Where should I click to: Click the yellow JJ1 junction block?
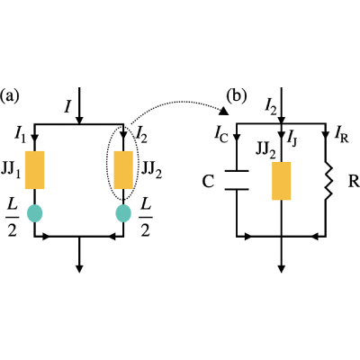pos(34,170)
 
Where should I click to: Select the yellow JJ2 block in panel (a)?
pos(123,170)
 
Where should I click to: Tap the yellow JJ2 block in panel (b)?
pos(281,181)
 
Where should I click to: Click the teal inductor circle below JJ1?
pos(34,213)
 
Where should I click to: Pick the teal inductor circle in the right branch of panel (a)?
pos(123,213)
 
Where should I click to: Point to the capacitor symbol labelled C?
pos(237,180)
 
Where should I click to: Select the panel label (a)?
pos(9,95)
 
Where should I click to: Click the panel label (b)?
pos(237,95)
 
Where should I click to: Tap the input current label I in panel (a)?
pos(68,106)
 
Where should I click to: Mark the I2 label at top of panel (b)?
pos(271,107)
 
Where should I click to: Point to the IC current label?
pos(221,134)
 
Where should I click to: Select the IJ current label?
pos(292,138)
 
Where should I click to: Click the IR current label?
pos(341,136)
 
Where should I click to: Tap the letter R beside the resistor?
pos(354,182)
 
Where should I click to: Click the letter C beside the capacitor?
pos(208,182)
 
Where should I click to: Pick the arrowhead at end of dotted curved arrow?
pos(224,112)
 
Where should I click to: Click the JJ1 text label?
pos(11,170)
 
